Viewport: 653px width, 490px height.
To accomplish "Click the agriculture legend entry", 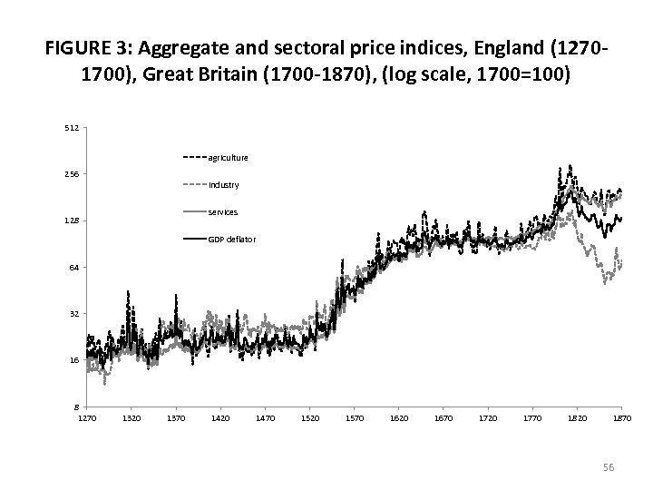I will pos(228,157).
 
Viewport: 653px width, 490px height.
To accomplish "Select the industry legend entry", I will pos(223,185).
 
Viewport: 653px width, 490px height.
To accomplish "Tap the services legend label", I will pos(222,211).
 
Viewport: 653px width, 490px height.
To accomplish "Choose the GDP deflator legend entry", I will pos(231,240).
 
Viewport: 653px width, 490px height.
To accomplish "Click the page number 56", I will pos(609,466).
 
